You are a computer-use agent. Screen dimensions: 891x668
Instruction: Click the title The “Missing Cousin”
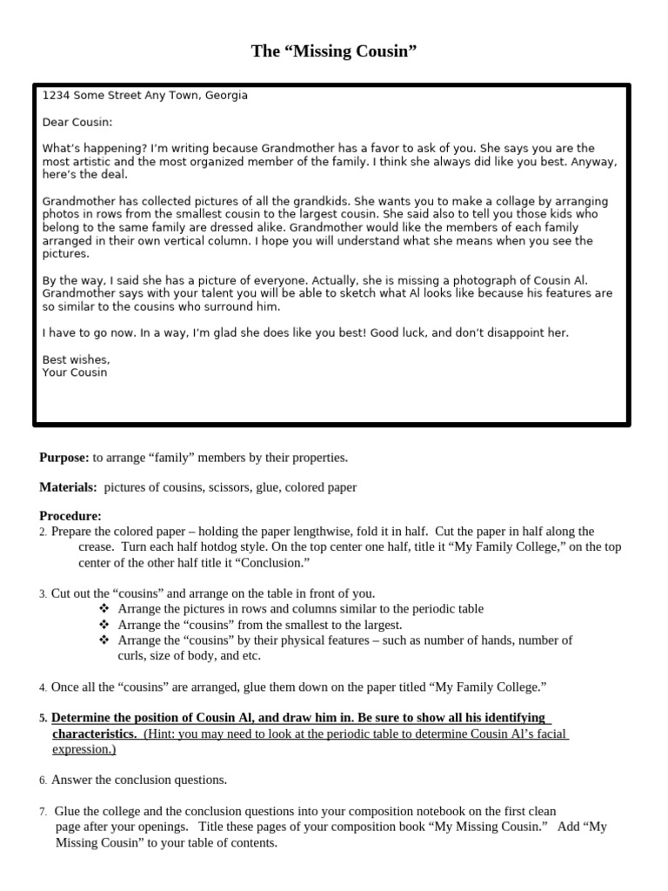coord(334,51)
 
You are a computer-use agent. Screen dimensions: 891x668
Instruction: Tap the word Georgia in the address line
coord(226,96)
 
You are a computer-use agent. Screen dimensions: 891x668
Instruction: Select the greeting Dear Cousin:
coord(77,123)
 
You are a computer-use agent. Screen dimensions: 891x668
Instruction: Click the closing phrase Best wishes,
coord(77,359)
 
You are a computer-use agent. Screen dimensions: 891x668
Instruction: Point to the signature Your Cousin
coord(75,372)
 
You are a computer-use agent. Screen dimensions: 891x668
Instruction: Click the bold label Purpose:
coord(64,457)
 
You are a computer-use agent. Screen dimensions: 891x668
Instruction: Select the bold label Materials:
coord(68,487)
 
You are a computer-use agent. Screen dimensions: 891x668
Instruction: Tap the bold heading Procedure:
coord(70,516)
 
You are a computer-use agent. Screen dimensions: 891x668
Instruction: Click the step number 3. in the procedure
coord(43,594)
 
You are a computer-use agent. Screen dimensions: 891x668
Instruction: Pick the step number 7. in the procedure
coord(43,812)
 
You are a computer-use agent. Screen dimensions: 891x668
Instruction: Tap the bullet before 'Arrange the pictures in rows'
coord(104,609)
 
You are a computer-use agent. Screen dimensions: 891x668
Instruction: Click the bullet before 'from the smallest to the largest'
coord(104,625)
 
